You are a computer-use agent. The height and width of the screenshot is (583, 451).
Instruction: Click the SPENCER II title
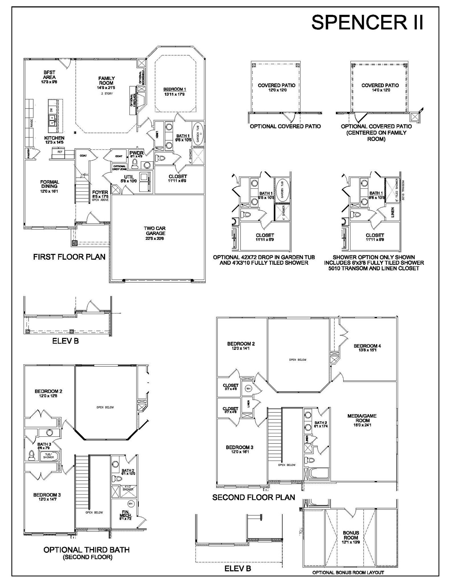click(367, 22)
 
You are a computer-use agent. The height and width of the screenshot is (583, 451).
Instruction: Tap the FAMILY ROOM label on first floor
click(107, 81)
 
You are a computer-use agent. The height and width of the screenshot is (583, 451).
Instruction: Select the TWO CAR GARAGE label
click(154, 231)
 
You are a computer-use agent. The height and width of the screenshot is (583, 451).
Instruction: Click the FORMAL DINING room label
click(50, 184)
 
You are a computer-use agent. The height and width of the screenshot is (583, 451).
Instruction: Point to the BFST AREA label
click(49, 75)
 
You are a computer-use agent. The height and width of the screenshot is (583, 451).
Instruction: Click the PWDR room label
click(136, 153)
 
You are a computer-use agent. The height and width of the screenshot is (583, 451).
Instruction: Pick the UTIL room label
click(129, 177)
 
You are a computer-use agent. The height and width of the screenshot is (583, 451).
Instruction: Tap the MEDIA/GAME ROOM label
click(362, 418)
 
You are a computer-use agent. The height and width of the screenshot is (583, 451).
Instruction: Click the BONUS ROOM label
click(351, 535)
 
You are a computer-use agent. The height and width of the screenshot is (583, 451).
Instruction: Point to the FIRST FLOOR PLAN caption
click(69, 257)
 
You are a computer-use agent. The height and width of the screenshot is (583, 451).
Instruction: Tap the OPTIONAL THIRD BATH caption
click(86, 550)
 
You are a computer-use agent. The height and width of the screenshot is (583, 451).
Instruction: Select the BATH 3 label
click(44, 444)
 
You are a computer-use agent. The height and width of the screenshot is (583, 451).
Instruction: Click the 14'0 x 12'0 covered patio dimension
click(380, 90)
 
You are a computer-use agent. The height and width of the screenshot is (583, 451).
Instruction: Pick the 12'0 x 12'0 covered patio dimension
click(276, 90)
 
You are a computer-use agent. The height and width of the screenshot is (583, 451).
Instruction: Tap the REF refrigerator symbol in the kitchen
click(60, 152)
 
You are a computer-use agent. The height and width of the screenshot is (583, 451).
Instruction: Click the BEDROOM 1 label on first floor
click(175, 89)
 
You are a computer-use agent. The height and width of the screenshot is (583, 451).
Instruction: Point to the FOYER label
click(100, 192)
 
